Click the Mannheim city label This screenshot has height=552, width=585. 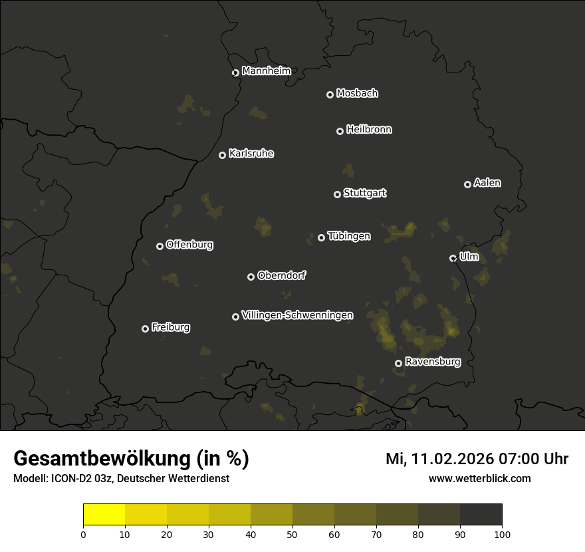pyautogui.click(x=266, y=71)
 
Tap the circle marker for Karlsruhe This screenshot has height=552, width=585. pyautogui.click(x=222, y=155)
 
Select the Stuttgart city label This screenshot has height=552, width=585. pyautogui.click(x=364, y=194)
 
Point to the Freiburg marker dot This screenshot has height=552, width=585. pyautogui.click(x=145, y=329)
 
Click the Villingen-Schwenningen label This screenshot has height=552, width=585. pyautogui.click(x=297, y=315)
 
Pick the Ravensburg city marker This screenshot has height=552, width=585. pyautogui.click(x=398, y=363)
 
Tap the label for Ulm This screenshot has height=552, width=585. pyautogui.click(x=469, y=257)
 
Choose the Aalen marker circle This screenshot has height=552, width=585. pyautogui.click(x=467, y=184)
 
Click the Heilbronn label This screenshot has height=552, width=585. pyautogui.click(x=369, y=130)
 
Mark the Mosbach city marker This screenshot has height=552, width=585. pyautogui.click(x=329, y=94)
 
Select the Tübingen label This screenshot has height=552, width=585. pyautogui.click(x=349, y=236)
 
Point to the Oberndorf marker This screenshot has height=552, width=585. pyautogui.click(x=251, y=277)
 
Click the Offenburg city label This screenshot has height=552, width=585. pyautogui.click(x=189, y=245)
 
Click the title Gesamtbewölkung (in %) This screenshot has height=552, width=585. pyautogui.click(x=131, y=459)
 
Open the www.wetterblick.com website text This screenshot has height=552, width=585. pyautogui.click(x=479, y=479)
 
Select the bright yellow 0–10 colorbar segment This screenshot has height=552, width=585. pyautogui.click(x=104, y=514)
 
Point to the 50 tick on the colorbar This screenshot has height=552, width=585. pyautogui.click(x=292, y=533)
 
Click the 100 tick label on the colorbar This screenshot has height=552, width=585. pyautogui.click(x=502, y=533)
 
